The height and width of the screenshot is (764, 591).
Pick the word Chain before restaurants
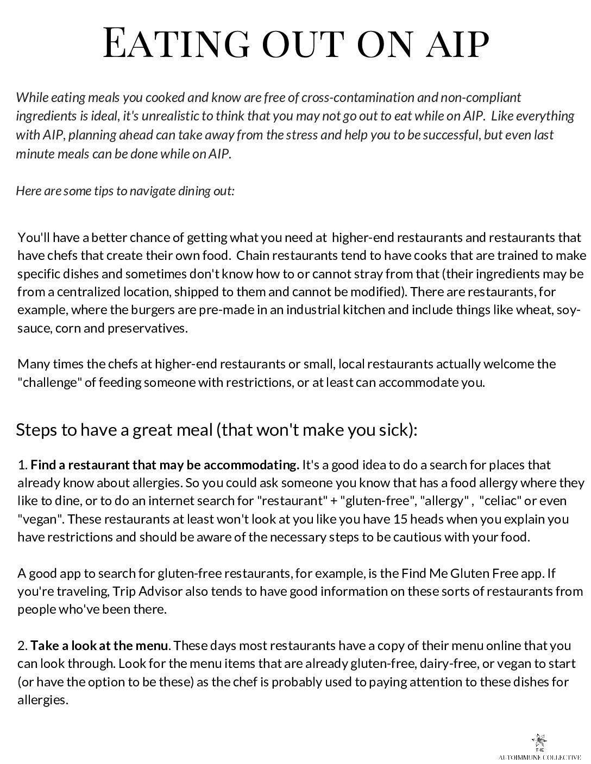click(253, 255)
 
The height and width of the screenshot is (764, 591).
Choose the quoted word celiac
click(500, 501)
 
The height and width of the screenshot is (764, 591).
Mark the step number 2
click(22, 646)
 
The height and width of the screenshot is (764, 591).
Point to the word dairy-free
click(423, 664)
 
